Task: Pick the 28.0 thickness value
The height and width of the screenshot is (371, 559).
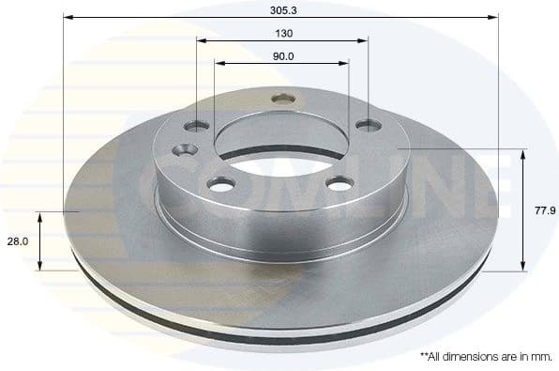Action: click(x=17, y=241)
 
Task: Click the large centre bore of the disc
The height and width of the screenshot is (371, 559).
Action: click(x=280, y=142)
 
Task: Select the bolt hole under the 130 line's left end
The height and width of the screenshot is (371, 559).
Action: click(x=197, y=125)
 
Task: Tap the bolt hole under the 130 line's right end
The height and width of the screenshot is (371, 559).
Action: click(x=367, y=123)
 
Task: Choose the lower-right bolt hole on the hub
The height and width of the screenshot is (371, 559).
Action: click(x=338, y=183)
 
